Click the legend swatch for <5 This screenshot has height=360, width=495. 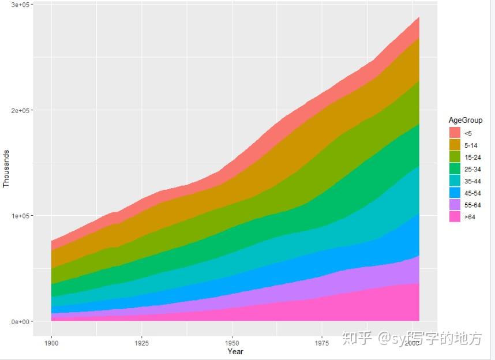(x=455, y=133)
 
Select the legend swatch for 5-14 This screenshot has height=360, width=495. (x=455, y=145)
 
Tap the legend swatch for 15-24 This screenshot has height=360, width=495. (x=455, y=157)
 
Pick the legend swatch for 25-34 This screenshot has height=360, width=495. (x=455, y=168)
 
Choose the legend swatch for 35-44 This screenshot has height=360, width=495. (x=455, y=181)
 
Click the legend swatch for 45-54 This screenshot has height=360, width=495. (x=455, y=193)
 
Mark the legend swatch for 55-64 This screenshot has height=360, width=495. (x=455, y=205)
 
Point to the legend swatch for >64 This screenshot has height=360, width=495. (x=455, y=216)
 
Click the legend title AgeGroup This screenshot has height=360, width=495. (x=466, y=120)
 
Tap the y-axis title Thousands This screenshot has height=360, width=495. (x=6, y=169)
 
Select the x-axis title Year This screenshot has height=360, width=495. (x=235, y=351)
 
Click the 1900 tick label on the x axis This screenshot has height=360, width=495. (x=52, y=343)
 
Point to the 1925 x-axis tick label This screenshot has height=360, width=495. (x=142, y=343)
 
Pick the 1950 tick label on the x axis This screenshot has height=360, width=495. (x=232, y=343)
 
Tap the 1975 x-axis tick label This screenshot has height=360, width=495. (x=322, y=343)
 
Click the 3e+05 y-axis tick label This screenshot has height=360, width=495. (x=22, y=5)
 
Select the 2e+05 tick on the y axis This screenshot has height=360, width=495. (x=22, y=110)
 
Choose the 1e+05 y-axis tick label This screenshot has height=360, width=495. (x=22, y=216)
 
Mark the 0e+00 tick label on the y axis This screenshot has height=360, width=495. (x=22, y=321)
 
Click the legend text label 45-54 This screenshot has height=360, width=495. (x=472, y=193)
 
